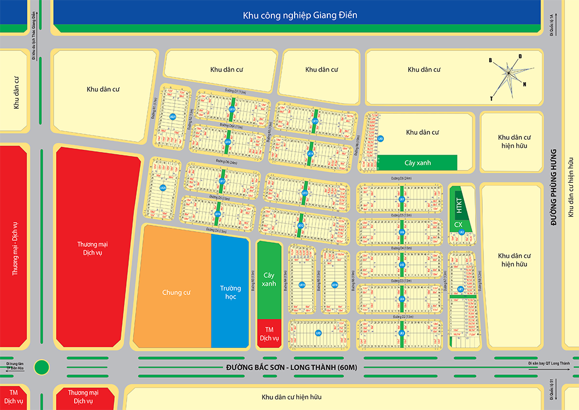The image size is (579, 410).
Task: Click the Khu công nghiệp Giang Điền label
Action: click(300, 15)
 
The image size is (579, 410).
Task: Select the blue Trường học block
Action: click(230, 292)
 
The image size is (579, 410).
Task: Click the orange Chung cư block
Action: click(175, 292)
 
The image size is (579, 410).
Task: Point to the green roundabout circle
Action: click(41, 367)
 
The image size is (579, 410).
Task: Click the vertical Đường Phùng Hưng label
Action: click(554, 187)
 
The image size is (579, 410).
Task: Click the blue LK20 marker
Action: click(162, 187)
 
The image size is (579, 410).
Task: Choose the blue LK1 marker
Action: click(461, 289)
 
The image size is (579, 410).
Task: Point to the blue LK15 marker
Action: click(315, 121)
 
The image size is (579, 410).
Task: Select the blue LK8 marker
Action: click(381, 138)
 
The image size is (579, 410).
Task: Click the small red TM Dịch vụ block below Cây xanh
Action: click(269, 334)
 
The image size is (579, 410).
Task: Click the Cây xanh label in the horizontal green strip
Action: click(417, 163)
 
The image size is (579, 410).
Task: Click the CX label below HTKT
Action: click(458, 225)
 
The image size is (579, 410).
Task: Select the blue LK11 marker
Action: click(303, 285)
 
